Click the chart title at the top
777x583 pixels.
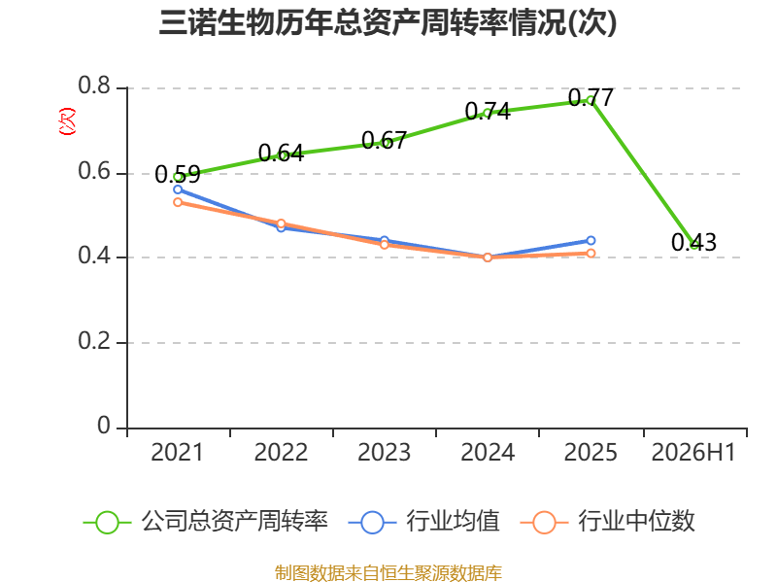(388, 22)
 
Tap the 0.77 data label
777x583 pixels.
(591, 97)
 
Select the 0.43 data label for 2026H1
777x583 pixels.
(693, 242)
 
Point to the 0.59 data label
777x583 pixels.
(178, 174)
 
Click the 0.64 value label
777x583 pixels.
(281, 153)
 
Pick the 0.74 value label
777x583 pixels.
(488, 111)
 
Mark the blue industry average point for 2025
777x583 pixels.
(591, 240)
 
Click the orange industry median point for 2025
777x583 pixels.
(591, 254)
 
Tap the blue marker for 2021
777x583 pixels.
(178, 189)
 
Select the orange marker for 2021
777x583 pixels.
(178, 202)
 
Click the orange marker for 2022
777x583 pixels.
(281, 223)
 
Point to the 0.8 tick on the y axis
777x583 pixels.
(94, 86)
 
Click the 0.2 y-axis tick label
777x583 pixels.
(94, 341)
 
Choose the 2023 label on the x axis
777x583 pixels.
(384, 453)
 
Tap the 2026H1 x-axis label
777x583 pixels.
(693, 453)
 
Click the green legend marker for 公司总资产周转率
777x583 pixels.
(107, 523)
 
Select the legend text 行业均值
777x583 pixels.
(453, 522)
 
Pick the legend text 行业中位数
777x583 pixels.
(637, 522)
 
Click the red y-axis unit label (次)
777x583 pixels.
(67, 121)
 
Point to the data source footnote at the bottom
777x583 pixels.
(388, 573)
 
